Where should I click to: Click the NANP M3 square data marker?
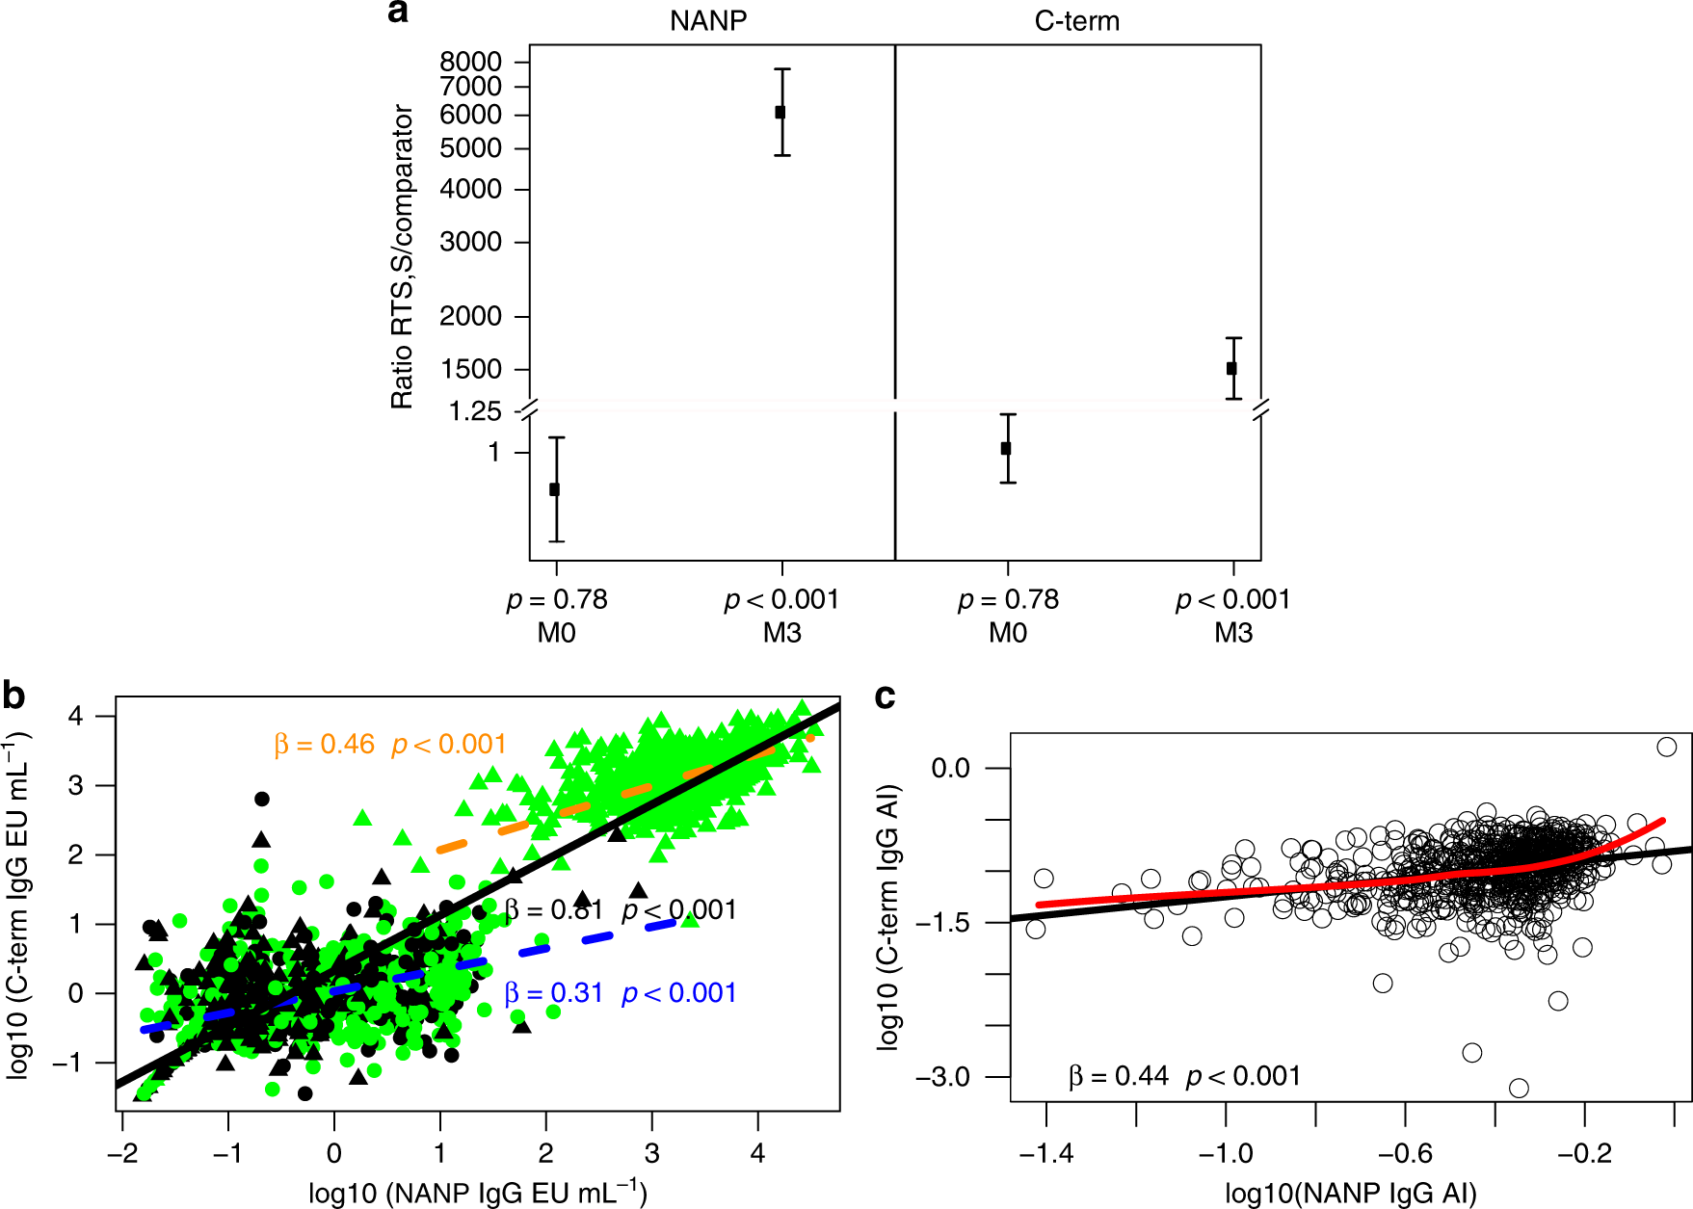pos(780,112)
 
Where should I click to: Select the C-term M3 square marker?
pos(1231,368)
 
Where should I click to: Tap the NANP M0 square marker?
pos(554,489)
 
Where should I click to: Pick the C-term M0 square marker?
pos(1006,448)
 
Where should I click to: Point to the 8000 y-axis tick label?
pos(470,62)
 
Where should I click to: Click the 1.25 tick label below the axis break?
pos(475,412)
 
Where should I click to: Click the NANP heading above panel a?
pos(708,20)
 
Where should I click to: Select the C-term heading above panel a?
pos(1076,20)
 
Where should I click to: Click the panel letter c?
pos(884,696)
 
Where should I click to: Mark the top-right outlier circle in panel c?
pos(1666,747)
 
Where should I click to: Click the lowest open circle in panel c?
pos(1519,1088)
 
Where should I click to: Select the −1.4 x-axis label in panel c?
pos(1045,1153)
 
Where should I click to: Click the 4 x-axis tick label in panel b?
pos(757,1153)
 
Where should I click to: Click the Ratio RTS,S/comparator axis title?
pos(402,256)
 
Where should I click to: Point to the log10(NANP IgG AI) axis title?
pos(1350,1194)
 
